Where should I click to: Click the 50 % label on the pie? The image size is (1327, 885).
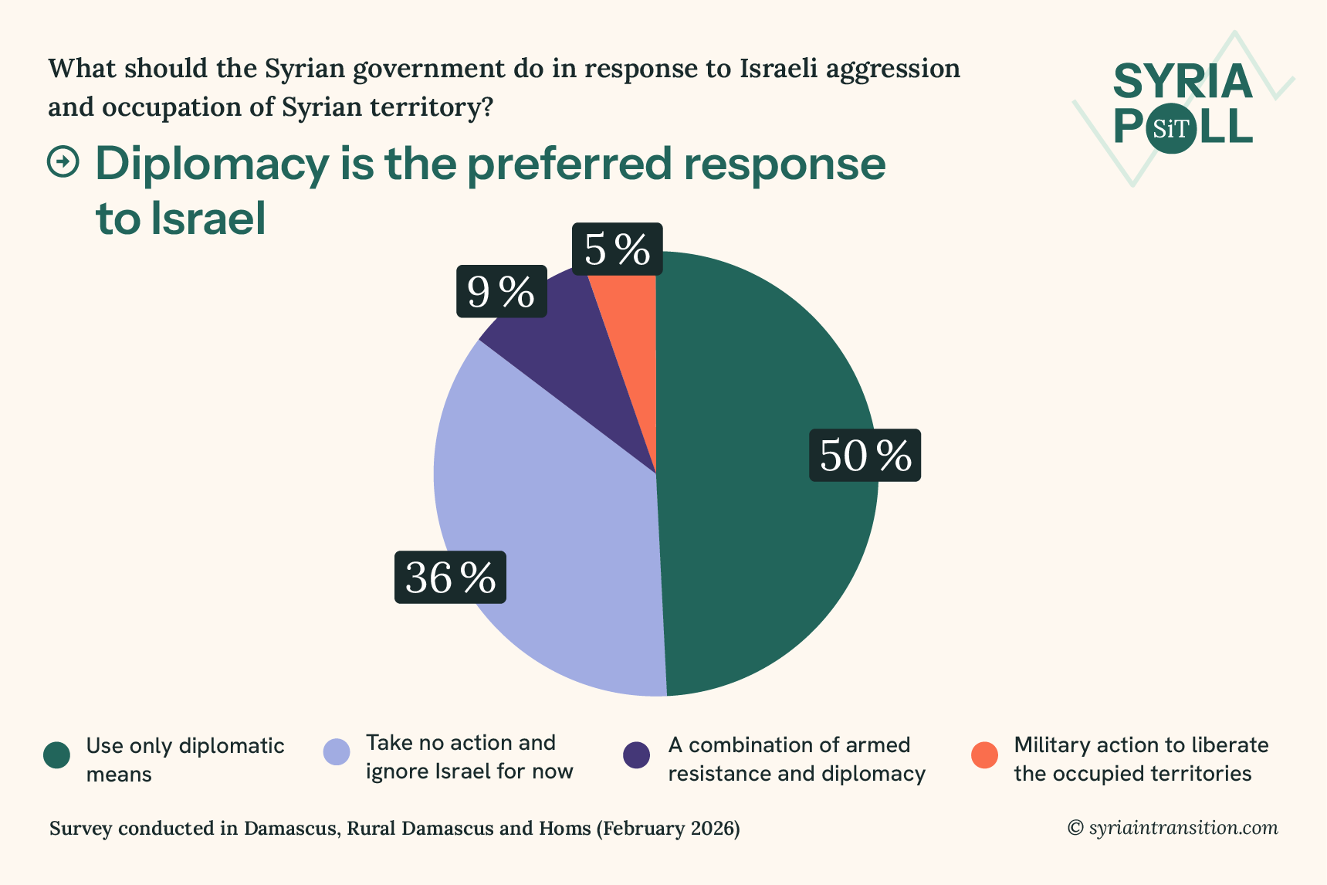[x=865, y=455]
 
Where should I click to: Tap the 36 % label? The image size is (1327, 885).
[x=450, y=577]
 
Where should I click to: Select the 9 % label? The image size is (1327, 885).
[x=501, y=291]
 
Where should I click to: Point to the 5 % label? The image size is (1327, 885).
[x=617, y=249]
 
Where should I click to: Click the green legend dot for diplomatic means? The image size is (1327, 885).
[x=57, y=755]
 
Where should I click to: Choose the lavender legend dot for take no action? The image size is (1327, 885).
[x=337, y=752]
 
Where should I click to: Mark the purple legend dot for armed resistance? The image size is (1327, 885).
[x=637, y=755]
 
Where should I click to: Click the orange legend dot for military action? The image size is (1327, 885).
[x=984, y=755]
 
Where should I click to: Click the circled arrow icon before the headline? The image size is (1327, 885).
[x=63, y=162]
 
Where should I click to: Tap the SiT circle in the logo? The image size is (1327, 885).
[x=1170, y=128]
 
